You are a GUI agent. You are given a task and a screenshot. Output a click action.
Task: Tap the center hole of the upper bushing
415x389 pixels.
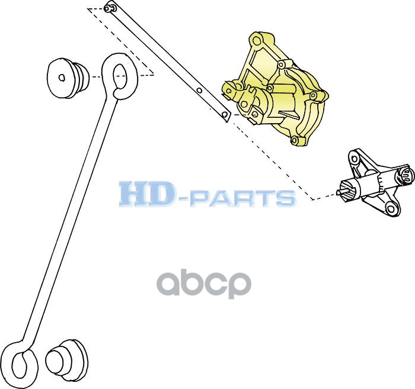[62, 77]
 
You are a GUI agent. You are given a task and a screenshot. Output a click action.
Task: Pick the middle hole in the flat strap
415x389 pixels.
[199, 91]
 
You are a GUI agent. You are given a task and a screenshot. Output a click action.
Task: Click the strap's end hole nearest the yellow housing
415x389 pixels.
[225, 113]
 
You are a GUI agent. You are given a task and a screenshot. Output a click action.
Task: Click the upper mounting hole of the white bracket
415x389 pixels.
[355, 157]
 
